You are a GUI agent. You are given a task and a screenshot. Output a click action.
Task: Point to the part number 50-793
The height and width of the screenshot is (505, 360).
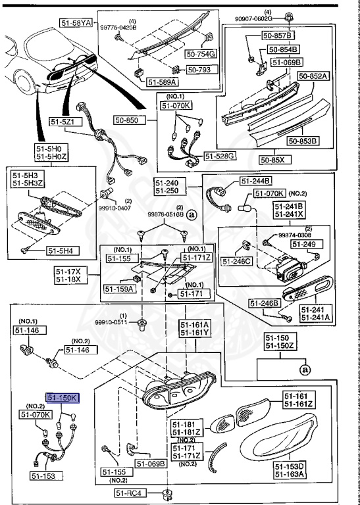(x=198, y=68)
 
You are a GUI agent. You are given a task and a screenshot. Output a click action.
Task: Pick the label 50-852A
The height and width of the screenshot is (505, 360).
(x=313, y=76)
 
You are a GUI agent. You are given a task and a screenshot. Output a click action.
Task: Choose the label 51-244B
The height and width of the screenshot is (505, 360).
(x=256, y=181)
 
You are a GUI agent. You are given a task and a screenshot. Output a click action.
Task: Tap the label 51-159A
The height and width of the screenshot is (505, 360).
(x=119, y=288)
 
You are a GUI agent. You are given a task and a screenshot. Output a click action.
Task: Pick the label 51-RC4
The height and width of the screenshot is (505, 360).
(x=130, y=493)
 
